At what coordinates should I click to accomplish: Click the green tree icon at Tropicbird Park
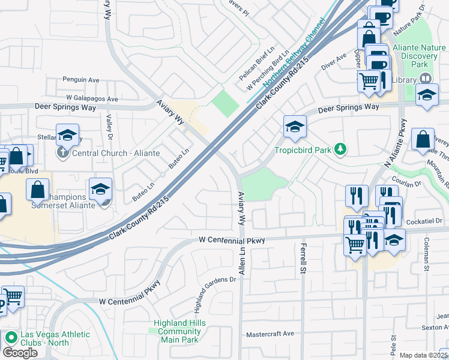tap(341, 149)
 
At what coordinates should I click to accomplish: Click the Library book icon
tap(426, 79)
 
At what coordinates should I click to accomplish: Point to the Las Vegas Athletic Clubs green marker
tap(10, 338)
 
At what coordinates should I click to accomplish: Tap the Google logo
tap(20, 352)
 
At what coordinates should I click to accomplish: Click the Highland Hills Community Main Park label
tap(179, 331)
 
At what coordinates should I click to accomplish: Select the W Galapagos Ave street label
tap(92, 99)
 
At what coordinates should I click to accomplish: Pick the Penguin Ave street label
tap(81, 79)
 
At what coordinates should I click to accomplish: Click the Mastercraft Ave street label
tap(270, 334)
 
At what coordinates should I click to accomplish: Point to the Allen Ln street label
tap(242, 263)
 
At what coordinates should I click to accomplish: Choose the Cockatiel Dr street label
tap(424, 221)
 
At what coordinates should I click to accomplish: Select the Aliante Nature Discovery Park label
tap(418, 56)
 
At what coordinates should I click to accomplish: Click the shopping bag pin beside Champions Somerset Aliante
tap(37, 190)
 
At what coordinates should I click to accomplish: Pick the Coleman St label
tap(426, 257)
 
